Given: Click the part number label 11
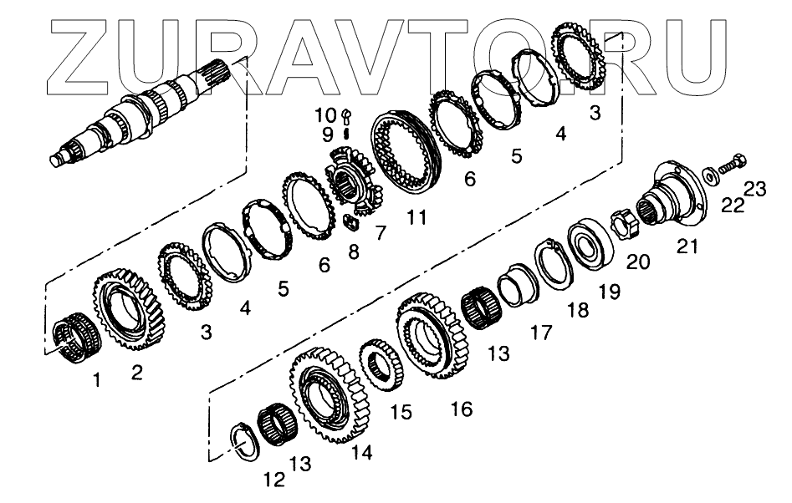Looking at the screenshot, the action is (416, 217).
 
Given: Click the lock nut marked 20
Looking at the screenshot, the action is (624, 224).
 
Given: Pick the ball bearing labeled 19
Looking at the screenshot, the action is (589, 244).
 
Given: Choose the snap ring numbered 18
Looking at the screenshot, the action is (554, 263).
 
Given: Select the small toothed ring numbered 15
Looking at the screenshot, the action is (381, 364).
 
